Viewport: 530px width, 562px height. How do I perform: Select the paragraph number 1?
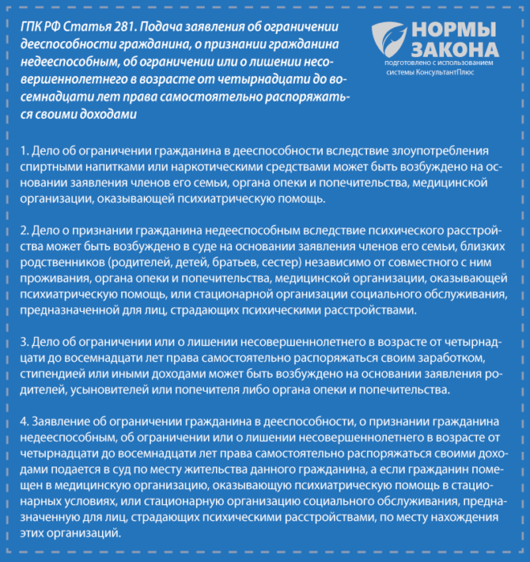(25, 150)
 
